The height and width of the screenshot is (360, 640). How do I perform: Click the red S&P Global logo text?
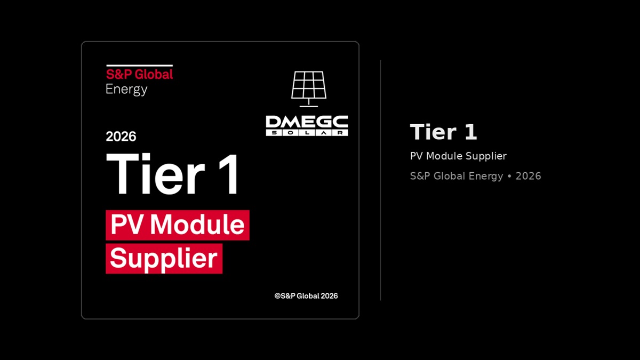(139, 74)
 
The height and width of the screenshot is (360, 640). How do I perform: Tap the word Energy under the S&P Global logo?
(126, 90)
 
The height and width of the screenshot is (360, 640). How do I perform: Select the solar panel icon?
(309, 89)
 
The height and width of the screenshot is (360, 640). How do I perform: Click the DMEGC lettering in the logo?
(307, 122)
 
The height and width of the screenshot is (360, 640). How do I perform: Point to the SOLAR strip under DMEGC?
(307, 133)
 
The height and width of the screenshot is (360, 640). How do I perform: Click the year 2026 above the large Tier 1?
(121, 137)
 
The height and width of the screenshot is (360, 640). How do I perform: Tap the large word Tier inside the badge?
(155, 174)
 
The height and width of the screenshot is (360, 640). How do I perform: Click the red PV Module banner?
(178, 225)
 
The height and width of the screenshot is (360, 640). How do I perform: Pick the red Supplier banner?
(164, 259)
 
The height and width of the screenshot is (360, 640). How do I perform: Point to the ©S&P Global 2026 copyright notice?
(306, 296)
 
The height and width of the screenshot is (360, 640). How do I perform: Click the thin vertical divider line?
(380, 180)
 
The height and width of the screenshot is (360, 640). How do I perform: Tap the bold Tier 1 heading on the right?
(443, 132)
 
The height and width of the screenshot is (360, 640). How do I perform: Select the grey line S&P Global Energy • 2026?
(475, 176)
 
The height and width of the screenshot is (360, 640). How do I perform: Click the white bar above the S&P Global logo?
(139, 66)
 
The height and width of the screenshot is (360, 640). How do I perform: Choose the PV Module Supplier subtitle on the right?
(458, 156)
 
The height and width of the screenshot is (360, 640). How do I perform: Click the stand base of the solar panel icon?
(309, 106)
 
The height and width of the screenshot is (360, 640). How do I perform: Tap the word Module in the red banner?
(197, 225)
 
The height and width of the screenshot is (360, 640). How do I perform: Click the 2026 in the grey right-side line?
(529, 176)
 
